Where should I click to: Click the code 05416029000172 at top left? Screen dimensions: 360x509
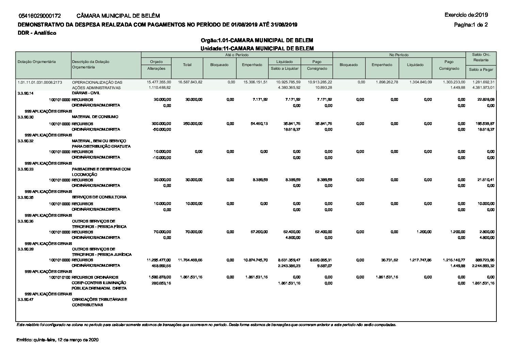40,16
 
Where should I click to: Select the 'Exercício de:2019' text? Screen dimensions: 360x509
466,15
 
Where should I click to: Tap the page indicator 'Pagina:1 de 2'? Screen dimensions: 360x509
471,24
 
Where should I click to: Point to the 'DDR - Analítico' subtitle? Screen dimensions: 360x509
37,33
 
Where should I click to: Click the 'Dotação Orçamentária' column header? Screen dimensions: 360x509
37,62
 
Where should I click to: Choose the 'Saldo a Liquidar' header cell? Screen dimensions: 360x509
285,68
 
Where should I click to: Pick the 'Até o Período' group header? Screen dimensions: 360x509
237,55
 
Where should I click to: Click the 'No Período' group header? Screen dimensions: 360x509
399,55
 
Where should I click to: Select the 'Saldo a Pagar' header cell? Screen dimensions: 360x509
481,69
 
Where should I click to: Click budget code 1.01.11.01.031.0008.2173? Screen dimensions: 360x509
40,82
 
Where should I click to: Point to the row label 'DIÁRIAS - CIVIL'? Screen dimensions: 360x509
86,93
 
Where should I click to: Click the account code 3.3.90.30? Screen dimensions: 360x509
26,117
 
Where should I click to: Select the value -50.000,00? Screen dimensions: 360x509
161,129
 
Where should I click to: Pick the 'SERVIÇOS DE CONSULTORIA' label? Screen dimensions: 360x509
99,197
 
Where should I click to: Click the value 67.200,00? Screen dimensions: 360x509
259,232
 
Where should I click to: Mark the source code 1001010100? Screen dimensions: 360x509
60,277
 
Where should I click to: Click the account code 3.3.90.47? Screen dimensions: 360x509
26,299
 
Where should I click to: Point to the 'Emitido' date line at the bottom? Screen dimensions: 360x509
57,340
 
